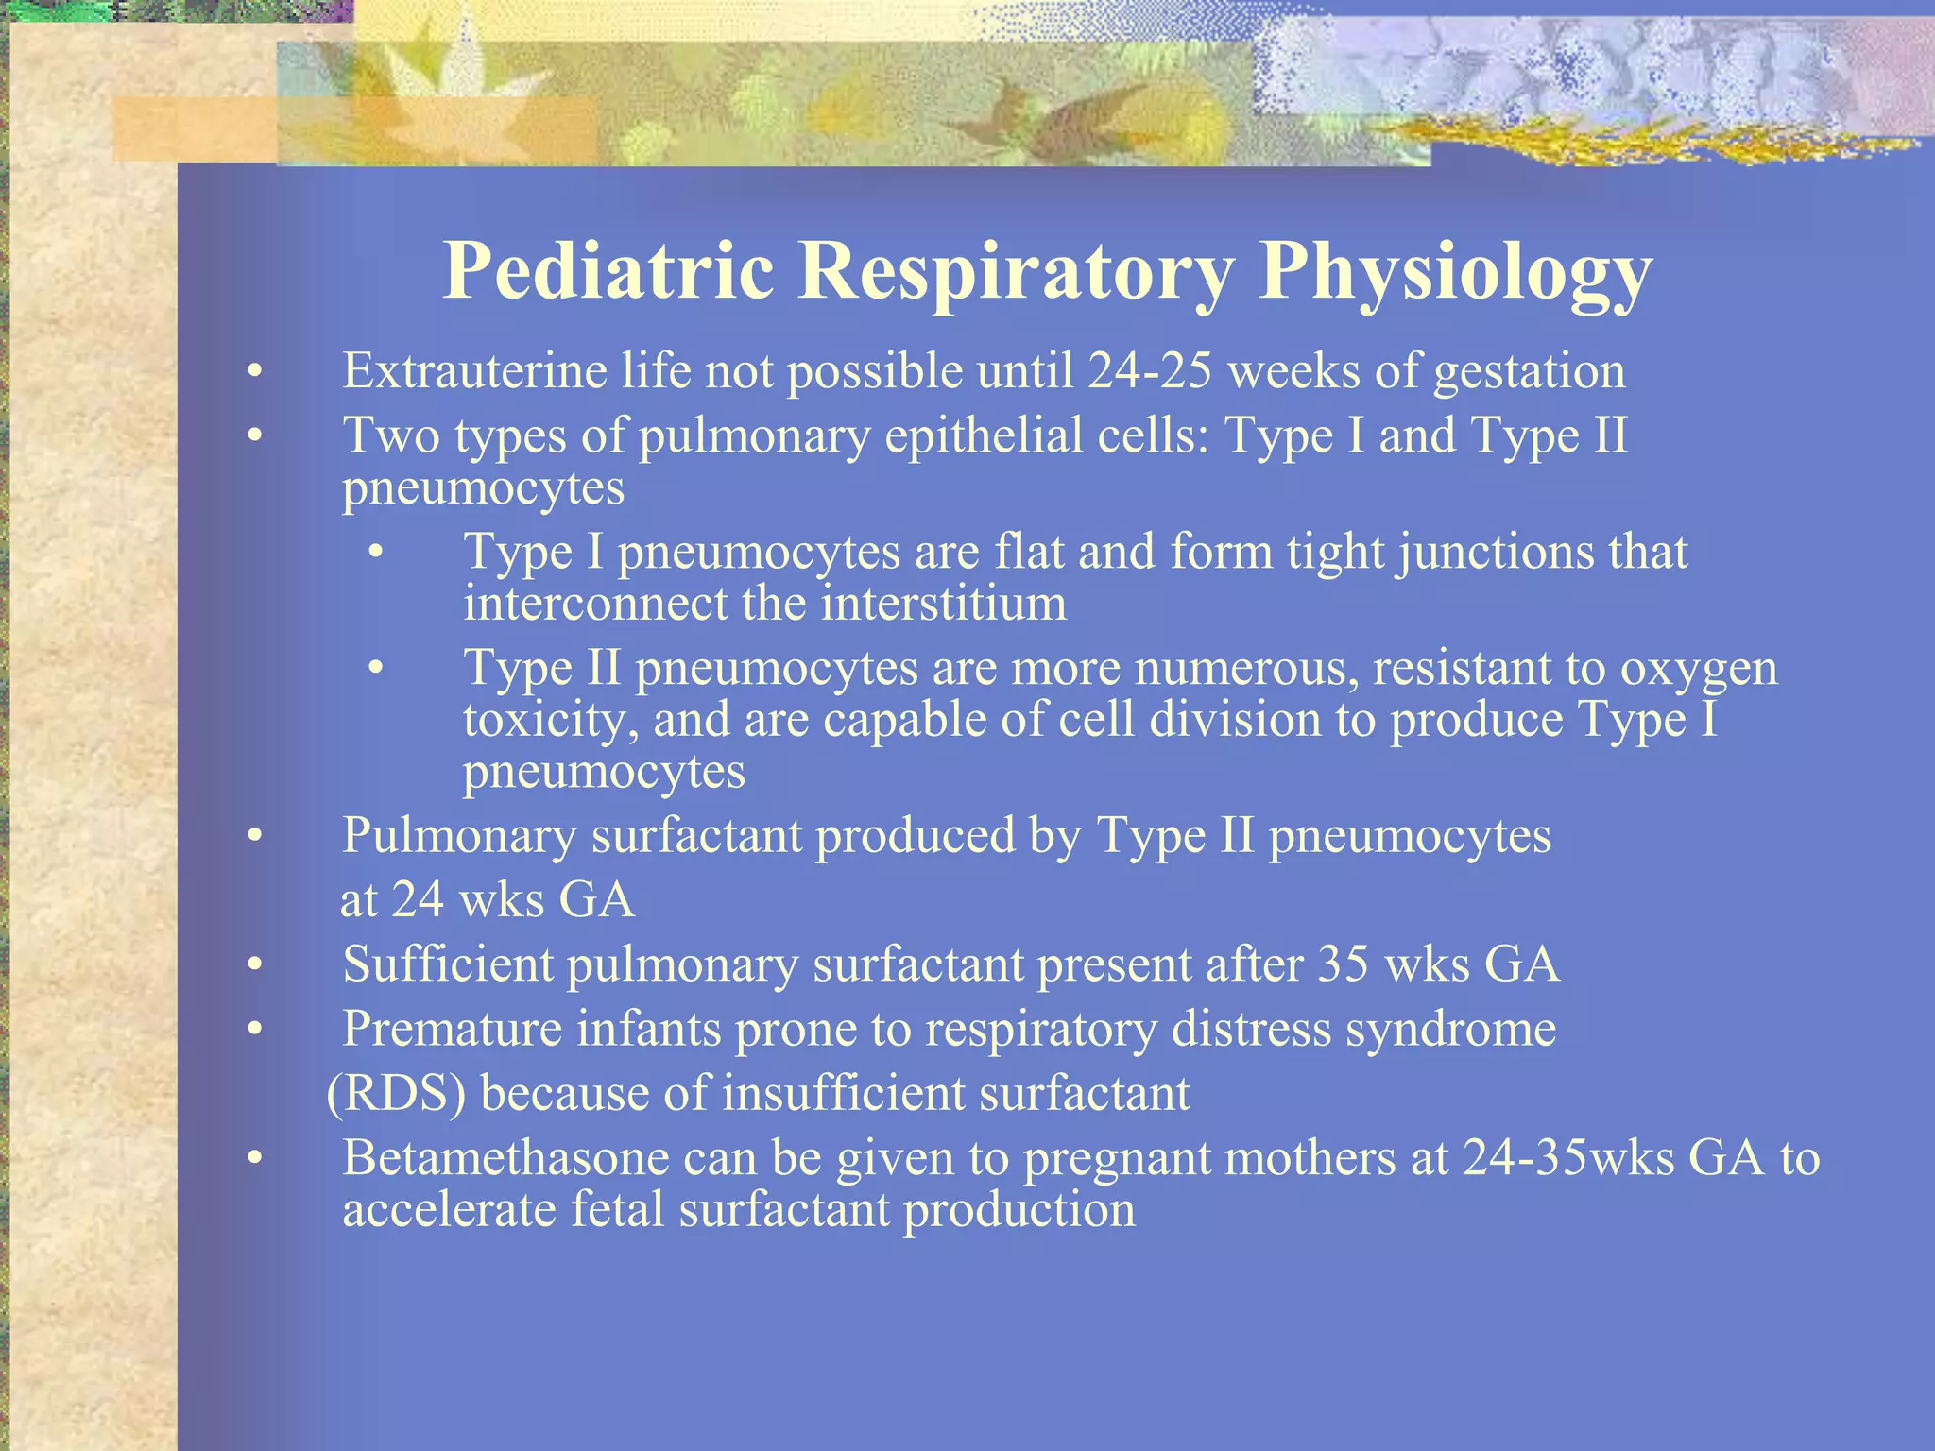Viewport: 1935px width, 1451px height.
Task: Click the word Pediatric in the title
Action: [608, 271]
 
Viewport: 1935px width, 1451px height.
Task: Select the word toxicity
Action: [550, 721]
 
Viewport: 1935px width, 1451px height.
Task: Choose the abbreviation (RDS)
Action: [396, 1094]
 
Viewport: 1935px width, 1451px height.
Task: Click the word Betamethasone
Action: [505, 1158]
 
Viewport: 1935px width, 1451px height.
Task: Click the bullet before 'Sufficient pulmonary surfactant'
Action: [253, 965]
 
